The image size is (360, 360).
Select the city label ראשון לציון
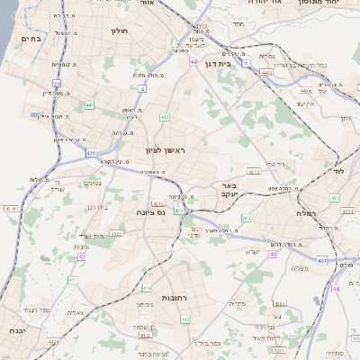165,150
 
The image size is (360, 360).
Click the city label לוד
338,170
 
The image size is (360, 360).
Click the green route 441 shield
89,105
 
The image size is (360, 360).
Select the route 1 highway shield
268,76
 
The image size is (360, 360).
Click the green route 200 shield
246,218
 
